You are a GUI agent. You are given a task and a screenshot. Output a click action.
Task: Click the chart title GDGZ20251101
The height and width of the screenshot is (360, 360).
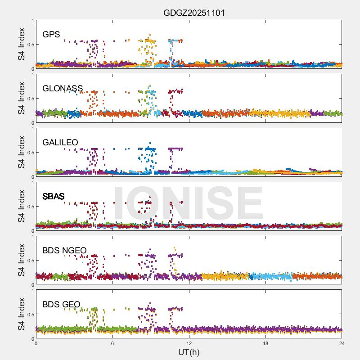pos(194,13)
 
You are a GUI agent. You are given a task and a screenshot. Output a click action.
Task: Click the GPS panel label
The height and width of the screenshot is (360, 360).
pos(51,35)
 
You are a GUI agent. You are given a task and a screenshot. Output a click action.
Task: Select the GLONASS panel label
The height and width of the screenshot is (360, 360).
pos(63,89)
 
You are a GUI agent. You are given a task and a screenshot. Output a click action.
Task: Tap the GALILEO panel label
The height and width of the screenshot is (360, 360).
pos(60,143)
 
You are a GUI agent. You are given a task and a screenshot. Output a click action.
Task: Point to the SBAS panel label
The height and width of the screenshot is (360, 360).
pos(54,197)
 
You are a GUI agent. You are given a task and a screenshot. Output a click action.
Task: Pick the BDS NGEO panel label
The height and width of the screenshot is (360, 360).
pos(64,251)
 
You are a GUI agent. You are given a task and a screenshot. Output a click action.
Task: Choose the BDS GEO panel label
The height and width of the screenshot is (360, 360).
pos(61,305)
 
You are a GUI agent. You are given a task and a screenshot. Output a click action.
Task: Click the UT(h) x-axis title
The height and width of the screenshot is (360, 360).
pos(189,352)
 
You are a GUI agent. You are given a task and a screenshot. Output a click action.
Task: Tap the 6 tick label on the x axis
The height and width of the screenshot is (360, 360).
pos(112,343)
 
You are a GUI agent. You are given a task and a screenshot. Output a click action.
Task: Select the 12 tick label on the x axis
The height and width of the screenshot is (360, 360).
pos(189,343)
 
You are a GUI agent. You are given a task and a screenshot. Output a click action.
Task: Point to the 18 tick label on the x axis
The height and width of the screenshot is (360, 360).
pos(265,343)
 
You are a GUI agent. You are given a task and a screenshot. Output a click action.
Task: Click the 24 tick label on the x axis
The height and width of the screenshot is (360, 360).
pos(342,343)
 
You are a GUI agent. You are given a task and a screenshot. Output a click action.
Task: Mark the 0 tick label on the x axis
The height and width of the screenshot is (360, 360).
pos(36,343)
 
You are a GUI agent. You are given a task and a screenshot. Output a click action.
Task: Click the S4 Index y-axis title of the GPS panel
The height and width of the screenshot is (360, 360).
pos(22,44)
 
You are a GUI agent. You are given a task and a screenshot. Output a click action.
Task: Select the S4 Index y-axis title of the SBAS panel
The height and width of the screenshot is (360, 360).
pos(22,206)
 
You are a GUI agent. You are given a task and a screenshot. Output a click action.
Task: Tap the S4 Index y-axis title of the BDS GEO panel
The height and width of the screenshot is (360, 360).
pos(22,314)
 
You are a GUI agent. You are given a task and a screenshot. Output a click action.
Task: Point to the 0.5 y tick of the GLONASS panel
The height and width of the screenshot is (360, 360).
pos(30,99)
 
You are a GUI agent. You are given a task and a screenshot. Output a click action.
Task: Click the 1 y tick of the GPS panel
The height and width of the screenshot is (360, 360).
pos(32,21)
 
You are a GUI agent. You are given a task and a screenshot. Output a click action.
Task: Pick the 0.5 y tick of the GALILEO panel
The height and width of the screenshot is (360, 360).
pos(30,153)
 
